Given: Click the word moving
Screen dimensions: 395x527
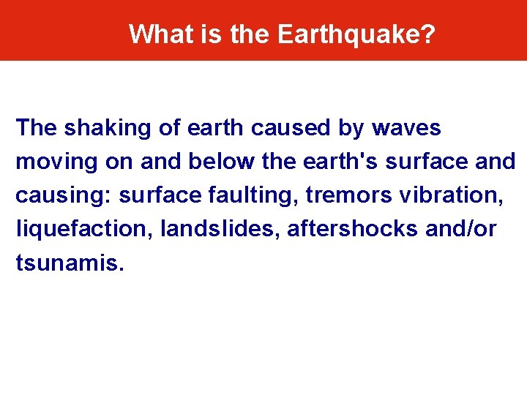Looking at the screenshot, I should [53, 162].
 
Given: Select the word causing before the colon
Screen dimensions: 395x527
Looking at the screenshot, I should [63, 196].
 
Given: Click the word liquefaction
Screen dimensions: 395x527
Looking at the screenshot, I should [75, 230].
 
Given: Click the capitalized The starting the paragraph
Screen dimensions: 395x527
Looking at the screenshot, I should [36, 128].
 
